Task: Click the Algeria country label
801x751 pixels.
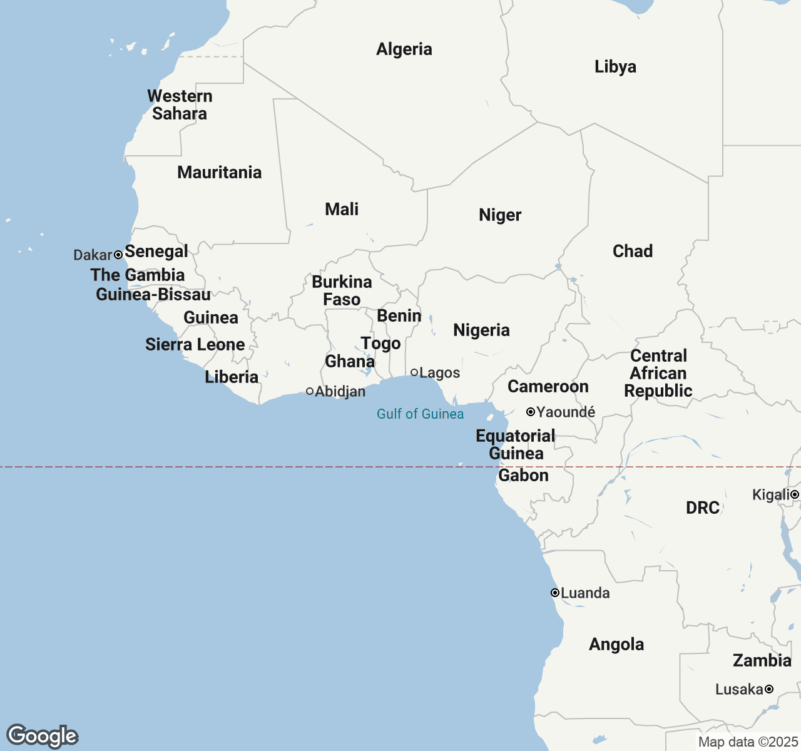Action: (404, 49)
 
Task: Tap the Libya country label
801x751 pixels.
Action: (615, 67)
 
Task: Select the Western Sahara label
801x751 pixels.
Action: (180, 105)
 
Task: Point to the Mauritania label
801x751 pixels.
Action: (220, 173)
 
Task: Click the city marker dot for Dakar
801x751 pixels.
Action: (118, 255)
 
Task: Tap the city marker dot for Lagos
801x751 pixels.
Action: (414, 372)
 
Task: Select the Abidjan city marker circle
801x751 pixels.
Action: (310, 391)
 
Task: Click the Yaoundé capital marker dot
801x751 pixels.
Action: (531, 412)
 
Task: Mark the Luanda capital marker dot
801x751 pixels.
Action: (555, 593)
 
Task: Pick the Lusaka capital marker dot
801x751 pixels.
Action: (769, 689)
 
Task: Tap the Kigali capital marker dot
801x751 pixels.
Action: (795, 495)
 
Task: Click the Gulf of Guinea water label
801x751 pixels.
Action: (421, 414)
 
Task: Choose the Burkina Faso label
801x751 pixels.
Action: (342, 291)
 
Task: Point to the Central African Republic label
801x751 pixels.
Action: (658, 374)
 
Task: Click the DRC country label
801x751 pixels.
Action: (703, 508)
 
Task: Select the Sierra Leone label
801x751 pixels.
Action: (195, 345)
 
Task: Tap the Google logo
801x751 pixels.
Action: (43, 736)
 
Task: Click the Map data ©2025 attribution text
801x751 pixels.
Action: (748, 742)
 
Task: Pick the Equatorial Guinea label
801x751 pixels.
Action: (516, 445)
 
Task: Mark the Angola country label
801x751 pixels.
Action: (616, 645)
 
